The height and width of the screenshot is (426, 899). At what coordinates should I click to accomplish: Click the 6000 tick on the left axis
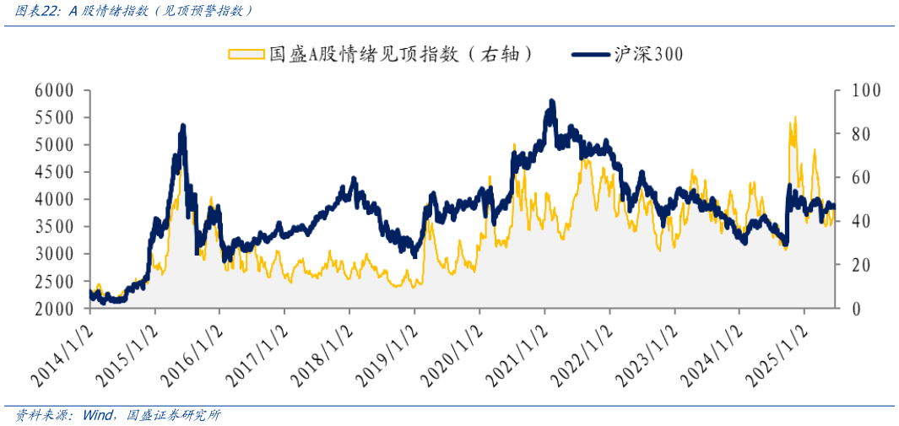53,90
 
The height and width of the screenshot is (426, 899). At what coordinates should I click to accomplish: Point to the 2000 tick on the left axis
53,309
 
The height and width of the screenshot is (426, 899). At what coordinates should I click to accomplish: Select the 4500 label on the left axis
53,172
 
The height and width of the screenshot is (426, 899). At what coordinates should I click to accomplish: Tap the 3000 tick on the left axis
53,254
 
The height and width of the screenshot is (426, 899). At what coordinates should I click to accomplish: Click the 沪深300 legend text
649,54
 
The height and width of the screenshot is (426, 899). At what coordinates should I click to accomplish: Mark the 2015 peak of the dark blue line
183,127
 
